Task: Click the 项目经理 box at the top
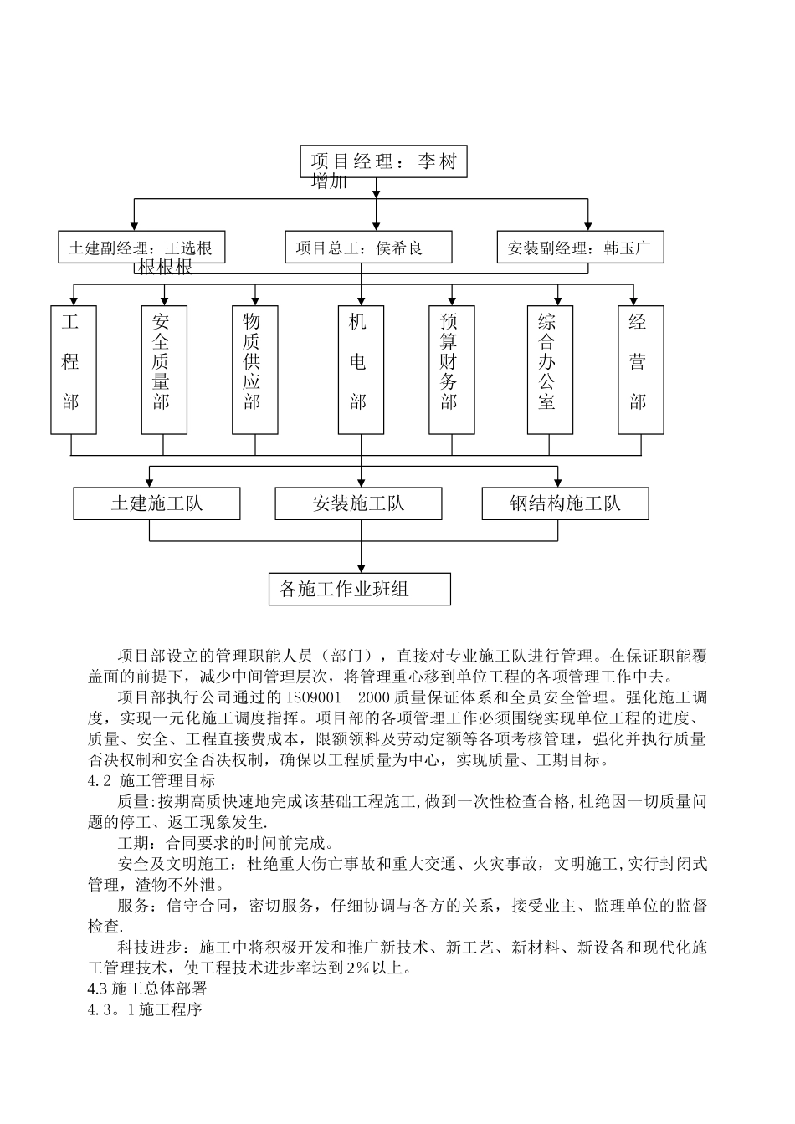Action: [383, 161]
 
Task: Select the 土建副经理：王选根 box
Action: [141, 248]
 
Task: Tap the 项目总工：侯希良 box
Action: [368, 248]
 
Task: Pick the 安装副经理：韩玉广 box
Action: [580, 248]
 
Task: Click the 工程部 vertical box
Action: [74, 369]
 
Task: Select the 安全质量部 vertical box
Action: [164, 369]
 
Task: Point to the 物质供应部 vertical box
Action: [254, 369]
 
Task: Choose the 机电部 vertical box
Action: [361, 369]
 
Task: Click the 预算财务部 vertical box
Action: [451, 369]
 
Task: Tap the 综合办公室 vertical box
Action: [550, 369]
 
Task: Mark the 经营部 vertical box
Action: [640, 369]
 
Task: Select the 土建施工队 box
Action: [156, 503]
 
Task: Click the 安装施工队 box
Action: [358, 503]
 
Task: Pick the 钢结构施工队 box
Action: [565, 503]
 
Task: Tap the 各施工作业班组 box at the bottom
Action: [359, 589]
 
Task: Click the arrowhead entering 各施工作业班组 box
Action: [362, 568]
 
